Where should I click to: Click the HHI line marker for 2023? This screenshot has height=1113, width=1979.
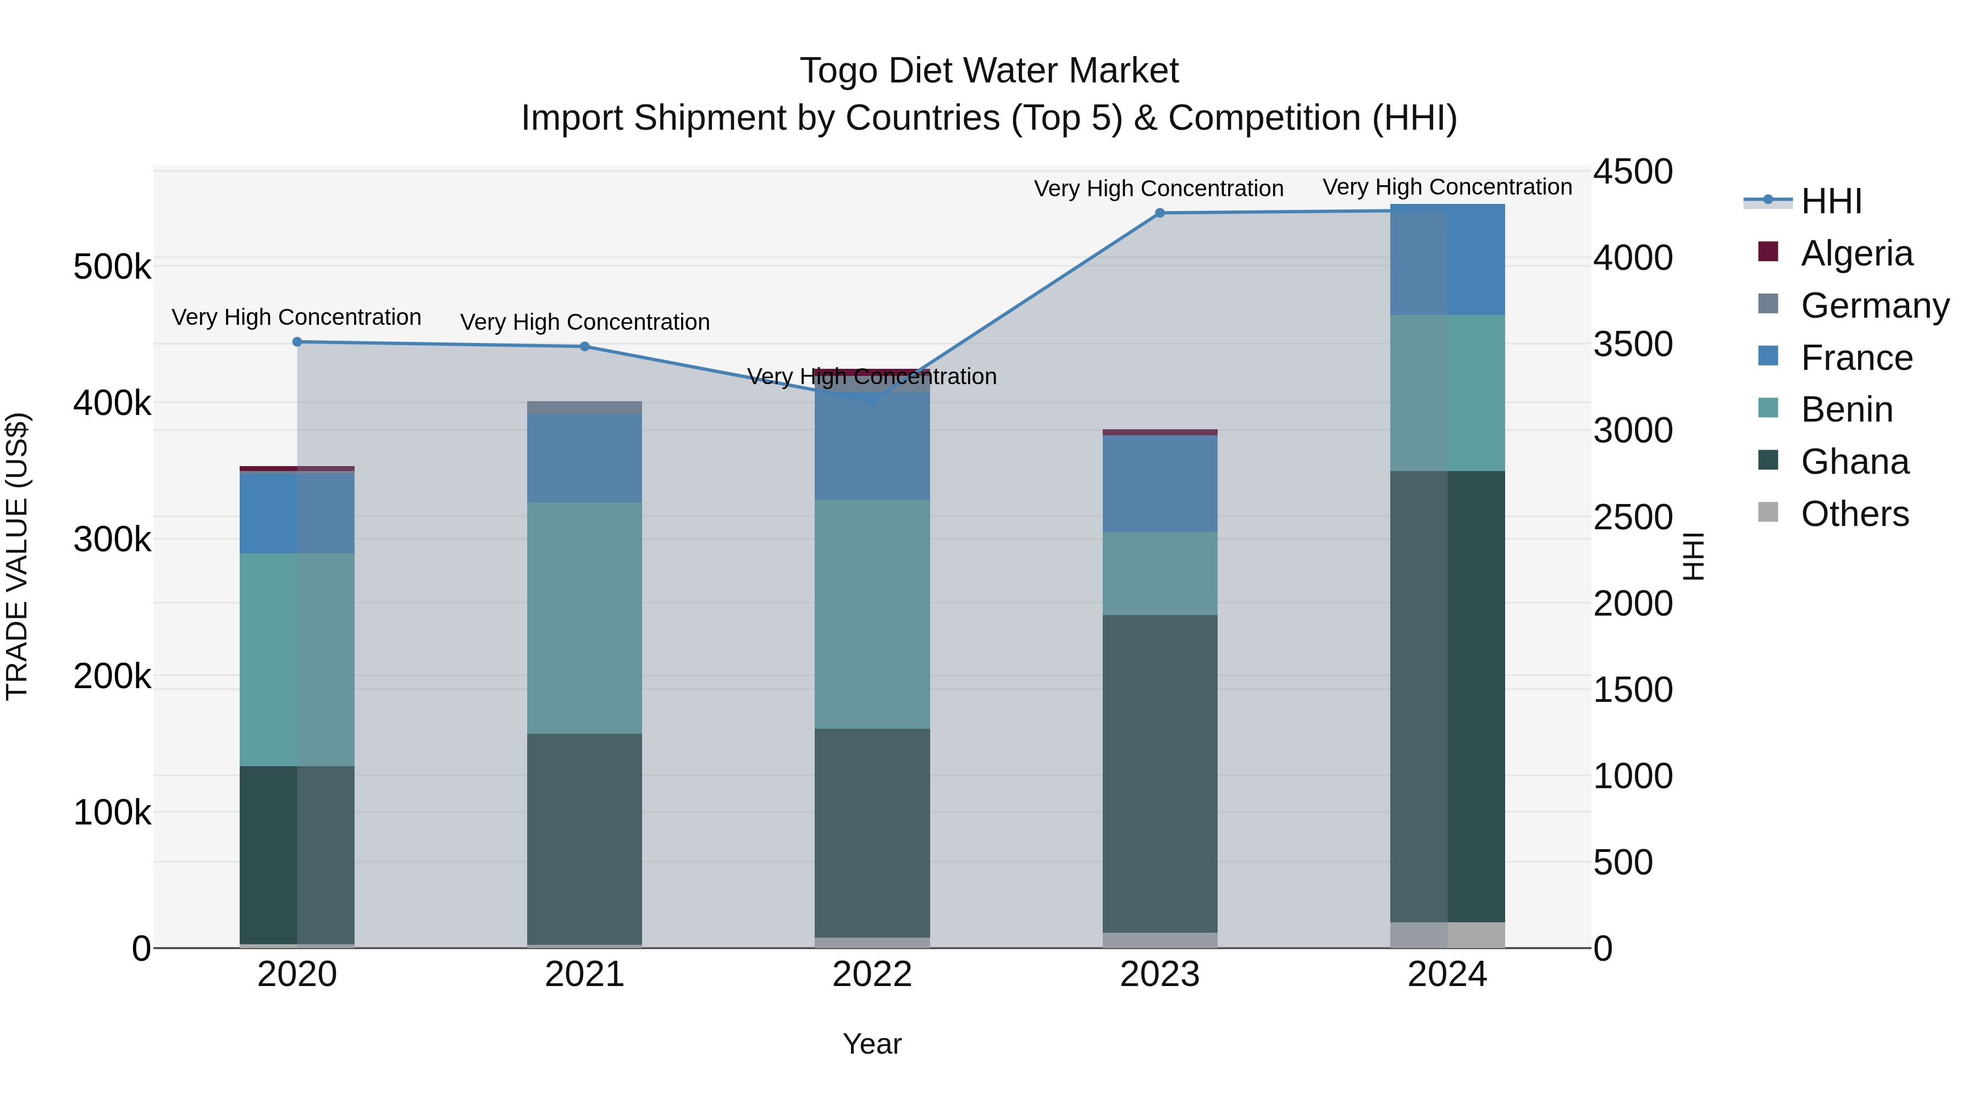[x=1160, y=213]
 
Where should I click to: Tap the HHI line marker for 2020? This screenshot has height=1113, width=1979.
[x=297, y=342]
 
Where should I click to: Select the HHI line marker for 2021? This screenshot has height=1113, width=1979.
[x=585, y=346]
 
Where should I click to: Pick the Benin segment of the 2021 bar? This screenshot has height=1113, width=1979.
[x=585, y=618]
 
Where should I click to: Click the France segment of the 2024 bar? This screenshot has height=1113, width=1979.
[x=1447, y=259]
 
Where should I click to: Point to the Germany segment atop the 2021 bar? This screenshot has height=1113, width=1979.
[x=585, y=407]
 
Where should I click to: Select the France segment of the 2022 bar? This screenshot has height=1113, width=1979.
[x=872, y=446]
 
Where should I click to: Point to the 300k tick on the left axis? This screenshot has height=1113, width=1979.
[x=112, y=539]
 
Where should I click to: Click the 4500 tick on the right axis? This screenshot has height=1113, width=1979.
[x=1633, y=171]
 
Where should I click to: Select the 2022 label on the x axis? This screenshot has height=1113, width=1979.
[x=872, y=974]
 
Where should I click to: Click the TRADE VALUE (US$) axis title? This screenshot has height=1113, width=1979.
[x=17, y=556]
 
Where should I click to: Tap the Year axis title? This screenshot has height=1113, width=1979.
[x=872, y=1044]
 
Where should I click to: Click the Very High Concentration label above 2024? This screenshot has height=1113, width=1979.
[x=1447, y=187]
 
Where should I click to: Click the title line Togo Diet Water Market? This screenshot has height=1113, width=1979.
[x=989, y=71]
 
